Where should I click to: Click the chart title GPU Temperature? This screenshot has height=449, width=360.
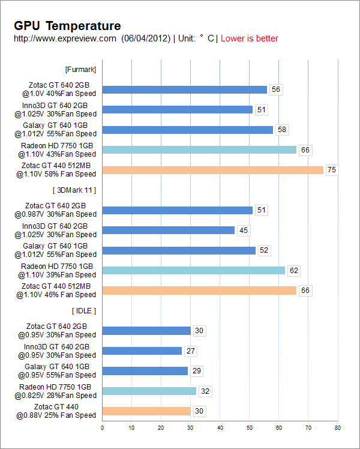click(67, 26)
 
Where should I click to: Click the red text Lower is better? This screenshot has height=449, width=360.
click(250, 38)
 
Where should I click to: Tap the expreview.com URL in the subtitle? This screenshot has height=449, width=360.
click(65, 38)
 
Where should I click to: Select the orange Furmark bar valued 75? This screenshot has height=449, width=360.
click(213, 170)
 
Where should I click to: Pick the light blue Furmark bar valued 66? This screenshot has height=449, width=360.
click(199, 149)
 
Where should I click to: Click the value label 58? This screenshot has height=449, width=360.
click(281, 130)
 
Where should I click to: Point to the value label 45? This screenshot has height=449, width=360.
click(243, 231)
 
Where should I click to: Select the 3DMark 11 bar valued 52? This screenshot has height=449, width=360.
click(179, 250)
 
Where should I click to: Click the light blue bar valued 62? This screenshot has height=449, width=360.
click(193, 271)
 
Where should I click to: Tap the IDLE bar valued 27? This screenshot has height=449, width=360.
click(142, 351)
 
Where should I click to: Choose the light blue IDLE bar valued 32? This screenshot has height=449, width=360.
click(149, 391)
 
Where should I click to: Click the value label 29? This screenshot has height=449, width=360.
click(196, 371)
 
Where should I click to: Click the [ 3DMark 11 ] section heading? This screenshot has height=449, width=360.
click(75, 190)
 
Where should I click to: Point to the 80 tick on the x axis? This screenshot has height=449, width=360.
click(337, 428)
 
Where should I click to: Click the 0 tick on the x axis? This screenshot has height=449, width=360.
click(102, 428)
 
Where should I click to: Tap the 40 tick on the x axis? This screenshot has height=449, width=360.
click(220, 428)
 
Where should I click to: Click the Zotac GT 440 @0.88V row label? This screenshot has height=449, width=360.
click(56, 411)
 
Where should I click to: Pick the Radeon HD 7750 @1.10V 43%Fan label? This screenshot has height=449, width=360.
click(58, 149)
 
